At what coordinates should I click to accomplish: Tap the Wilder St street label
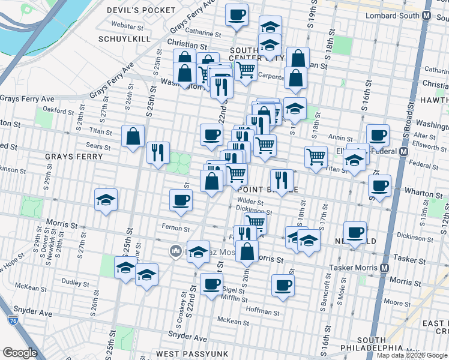pyautogui.click(x=250, y=202)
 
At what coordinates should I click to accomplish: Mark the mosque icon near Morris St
pyautogui.click(x=176, y=250)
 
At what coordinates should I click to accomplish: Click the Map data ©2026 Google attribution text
pyautogui.click(x=411, y=355)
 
